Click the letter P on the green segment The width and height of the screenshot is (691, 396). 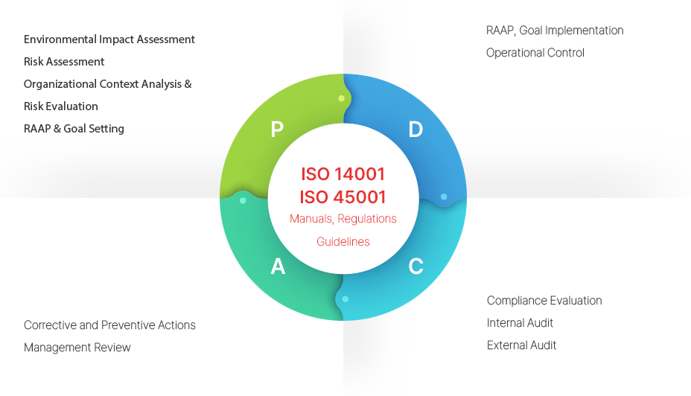point(277,129)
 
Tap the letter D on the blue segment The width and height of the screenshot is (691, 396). point(415,129)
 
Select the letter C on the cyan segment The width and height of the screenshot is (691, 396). point(416,266)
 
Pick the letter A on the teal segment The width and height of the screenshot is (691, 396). point(278,266)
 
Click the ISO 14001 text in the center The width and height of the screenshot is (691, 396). point(343,174)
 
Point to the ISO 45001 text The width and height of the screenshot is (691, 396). point(343,197)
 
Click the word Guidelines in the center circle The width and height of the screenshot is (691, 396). point(343,241)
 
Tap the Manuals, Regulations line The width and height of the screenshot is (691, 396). point(343,219)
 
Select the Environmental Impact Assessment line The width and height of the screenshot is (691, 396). point(109,39)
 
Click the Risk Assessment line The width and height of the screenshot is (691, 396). point(64,62)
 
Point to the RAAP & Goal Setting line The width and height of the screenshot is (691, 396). point(74,129)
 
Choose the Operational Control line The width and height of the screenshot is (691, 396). point(535,53)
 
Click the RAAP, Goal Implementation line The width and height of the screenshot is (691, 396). point(555,31)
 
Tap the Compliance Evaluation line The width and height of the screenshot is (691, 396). point(544,301)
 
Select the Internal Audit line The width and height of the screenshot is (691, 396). point(520,323)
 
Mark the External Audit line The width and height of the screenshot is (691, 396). point(522,345)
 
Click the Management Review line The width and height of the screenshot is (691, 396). point(77,348)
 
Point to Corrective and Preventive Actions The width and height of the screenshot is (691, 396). point(109,325)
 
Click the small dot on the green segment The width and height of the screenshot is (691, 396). point(342,98)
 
